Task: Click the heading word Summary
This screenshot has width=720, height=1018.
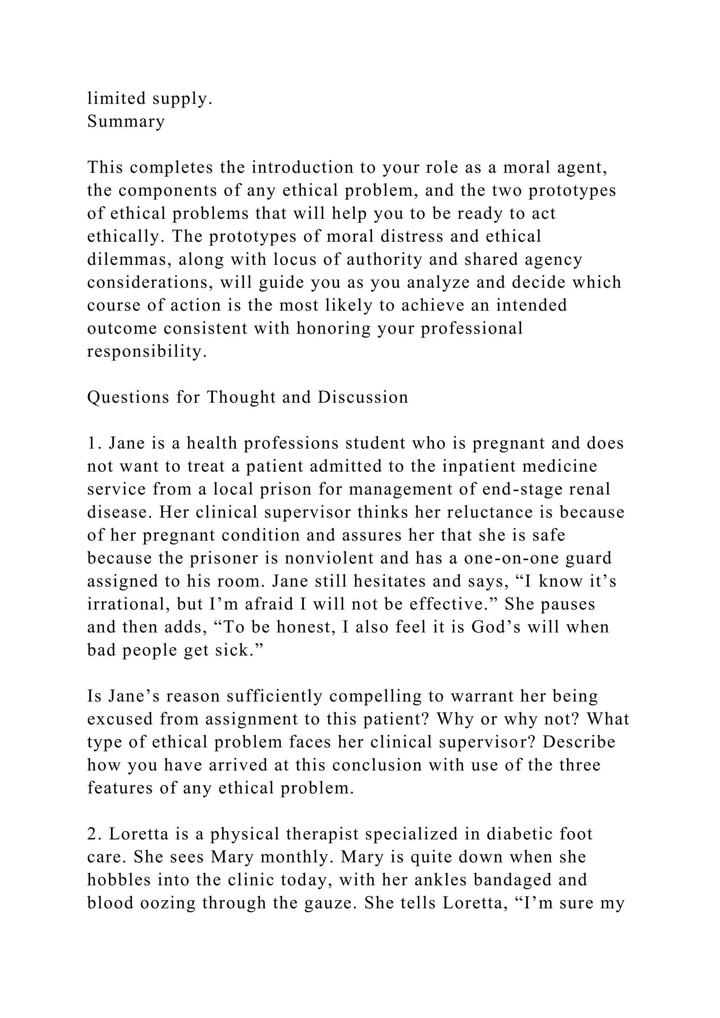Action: pos(126,122)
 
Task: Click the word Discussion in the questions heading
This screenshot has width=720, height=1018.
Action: pos(363,397)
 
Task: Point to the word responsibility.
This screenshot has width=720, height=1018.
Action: pos(147,352)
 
